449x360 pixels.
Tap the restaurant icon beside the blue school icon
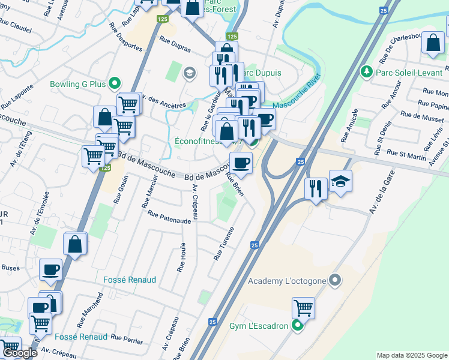[x=316, y=188]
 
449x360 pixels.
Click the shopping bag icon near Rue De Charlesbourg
[x=433, y=43]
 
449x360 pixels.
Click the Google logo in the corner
[x=19, y=353]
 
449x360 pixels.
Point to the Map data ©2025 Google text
[x=411, y=355]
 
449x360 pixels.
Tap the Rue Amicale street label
[x=349, y=125]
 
